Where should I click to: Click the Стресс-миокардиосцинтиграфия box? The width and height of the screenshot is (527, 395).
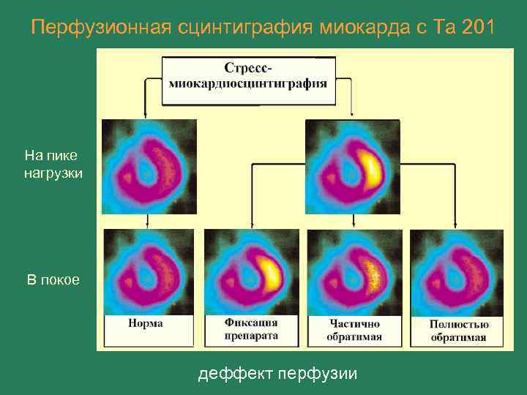(248, 75)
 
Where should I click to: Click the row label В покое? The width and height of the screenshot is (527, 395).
(53, 280)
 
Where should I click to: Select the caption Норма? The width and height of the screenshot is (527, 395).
(146, 323)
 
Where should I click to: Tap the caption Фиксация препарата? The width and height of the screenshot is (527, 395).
(250, 329)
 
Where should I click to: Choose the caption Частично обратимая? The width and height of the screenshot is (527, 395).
(354, 330)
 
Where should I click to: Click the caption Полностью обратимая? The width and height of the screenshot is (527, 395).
(459, 330)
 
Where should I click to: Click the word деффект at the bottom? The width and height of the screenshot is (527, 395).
(231, 374)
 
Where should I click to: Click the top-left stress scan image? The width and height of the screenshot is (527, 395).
(149, 166)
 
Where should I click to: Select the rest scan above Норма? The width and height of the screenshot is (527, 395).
(149, 272)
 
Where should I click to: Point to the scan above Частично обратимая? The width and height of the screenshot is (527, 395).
(354, 272)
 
